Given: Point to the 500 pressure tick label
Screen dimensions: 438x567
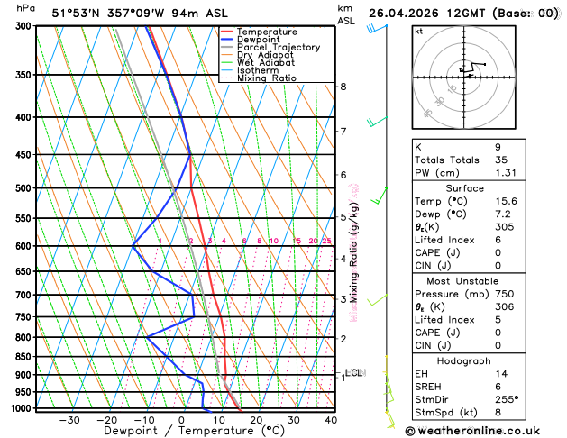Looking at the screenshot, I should [23, 188].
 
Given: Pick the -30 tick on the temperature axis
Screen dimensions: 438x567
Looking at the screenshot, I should [69, 420].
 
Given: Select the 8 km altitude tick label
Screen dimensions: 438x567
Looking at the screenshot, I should [343, 87].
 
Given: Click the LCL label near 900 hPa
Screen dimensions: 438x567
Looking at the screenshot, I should [353, 372].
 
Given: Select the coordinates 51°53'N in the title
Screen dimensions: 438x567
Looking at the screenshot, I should [83, 14].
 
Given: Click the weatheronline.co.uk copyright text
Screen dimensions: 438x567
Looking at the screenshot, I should [484, 431].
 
